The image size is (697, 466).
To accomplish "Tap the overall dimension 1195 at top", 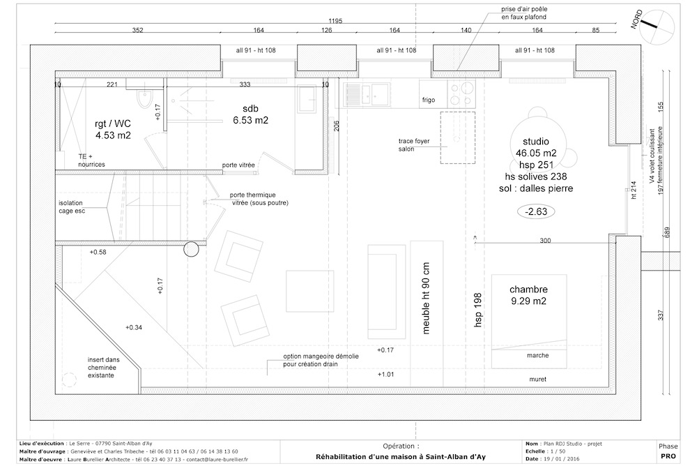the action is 336,21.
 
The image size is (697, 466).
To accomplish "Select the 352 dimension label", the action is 138,30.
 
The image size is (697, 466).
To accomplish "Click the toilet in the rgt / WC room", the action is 144,99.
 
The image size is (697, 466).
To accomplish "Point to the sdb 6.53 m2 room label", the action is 250,114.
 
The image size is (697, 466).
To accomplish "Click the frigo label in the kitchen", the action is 429,100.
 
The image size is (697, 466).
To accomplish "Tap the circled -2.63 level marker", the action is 536,211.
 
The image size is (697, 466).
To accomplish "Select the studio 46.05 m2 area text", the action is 536,147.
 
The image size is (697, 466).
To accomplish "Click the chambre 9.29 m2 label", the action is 528,295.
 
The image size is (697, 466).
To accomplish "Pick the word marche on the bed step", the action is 538,356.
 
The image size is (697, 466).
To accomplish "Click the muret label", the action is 538,379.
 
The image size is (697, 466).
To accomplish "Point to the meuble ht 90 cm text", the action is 426,298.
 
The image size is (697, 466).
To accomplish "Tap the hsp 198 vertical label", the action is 478,310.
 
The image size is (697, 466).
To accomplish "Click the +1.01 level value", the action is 386,375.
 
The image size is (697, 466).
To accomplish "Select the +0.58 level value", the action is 98,252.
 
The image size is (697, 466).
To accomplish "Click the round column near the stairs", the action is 191,249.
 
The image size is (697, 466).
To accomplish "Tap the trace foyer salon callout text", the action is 414,145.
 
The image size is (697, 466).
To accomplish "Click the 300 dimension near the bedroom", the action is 545,241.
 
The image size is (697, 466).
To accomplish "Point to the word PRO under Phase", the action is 668,456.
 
